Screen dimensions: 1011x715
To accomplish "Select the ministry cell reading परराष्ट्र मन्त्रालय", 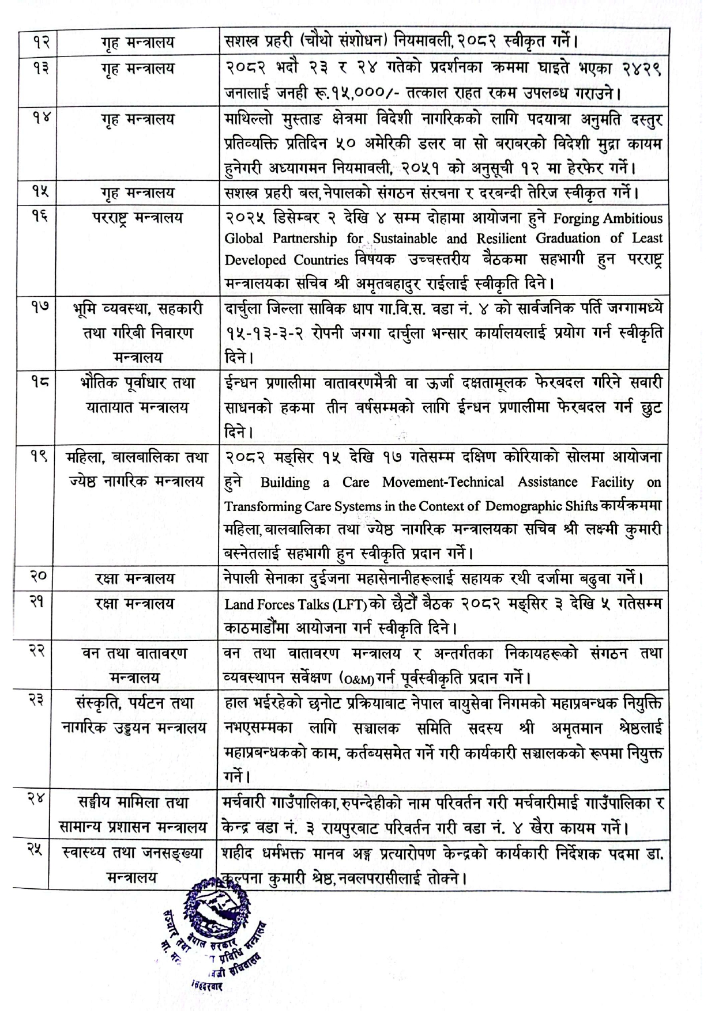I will [133, 218].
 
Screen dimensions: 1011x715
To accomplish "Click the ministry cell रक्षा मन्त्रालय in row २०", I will [134, 578].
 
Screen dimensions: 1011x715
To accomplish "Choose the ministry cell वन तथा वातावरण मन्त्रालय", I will [133, 665].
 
